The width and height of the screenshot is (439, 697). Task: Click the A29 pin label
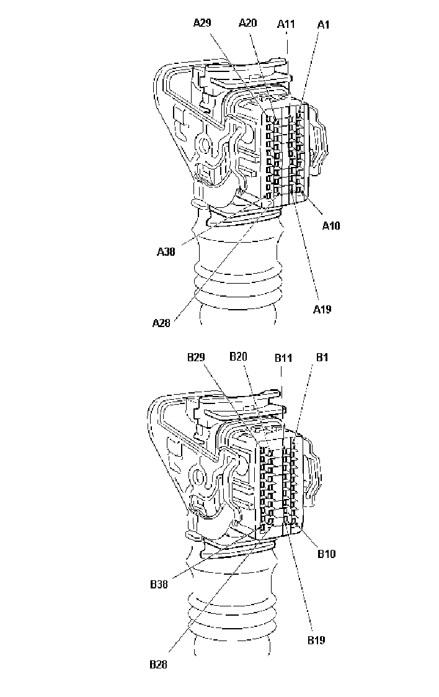[202, 22]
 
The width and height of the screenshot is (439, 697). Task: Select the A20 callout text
[247, 22]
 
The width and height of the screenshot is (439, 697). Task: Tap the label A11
[286, 24]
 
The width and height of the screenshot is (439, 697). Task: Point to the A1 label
[324, 24]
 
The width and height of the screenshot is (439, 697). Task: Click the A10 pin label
[331, 225]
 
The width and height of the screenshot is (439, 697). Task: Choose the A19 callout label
[322, 309]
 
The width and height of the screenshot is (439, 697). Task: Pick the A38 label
[166, 251]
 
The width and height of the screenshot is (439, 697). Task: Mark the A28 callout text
[161, 323]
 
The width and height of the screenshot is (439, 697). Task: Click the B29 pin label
[196, 357]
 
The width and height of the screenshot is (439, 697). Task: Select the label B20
[238, 356]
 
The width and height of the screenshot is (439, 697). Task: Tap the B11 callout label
[283, 358]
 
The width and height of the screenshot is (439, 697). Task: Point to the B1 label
[322, 357]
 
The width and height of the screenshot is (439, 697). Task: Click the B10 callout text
[326, 554]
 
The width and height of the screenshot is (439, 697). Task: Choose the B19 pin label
[316, 640]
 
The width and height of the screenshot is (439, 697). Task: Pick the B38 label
[159, 583]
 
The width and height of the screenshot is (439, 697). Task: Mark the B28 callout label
[159, 665]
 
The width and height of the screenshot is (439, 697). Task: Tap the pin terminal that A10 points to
[301, 191]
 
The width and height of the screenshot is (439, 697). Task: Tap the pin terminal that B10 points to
[295, 519]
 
